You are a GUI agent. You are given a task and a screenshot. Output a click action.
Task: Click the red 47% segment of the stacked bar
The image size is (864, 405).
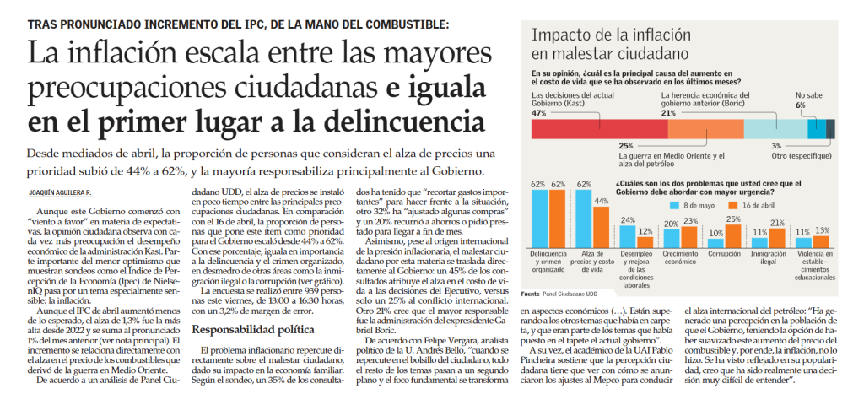pyautogui.click(x=600, y=128)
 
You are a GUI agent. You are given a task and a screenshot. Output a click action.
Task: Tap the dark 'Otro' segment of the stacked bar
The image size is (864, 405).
pyautogui.click(x=830, y=128)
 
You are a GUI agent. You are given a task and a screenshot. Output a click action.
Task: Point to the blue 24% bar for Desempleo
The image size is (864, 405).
pyautogui.click(x=628, y=237)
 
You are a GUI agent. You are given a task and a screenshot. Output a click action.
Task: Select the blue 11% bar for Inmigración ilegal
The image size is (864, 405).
pyautogui.click(x=759, y=243)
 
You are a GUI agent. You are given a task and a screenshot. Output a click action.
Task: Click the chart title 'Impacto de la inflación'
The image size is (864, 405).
pyautogui.click(x=611, y=35)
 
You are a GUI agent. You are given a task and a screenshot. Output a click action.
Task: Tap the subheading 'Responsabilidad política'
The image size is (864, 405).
pyautogui.click(x=252, y=330)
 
